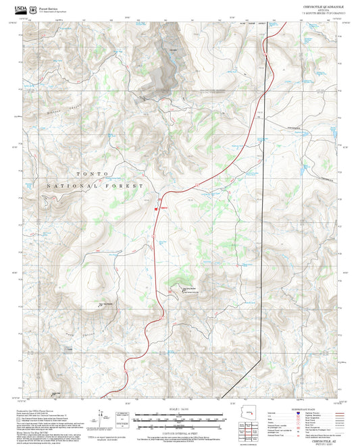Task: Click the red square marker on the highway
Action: coord(157,209)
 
